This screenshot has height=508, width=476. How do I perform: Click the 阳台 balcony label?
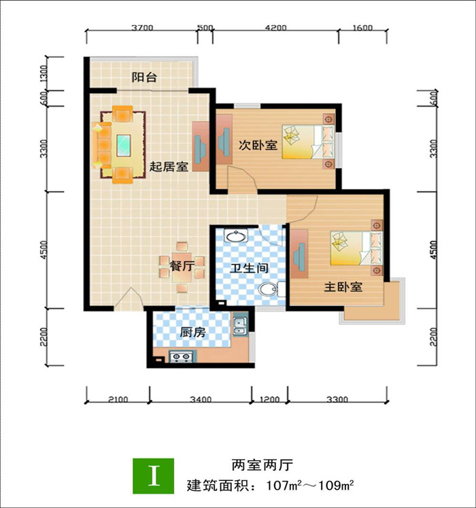144,78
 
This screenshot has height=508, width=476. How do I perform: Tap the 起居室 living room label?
169,167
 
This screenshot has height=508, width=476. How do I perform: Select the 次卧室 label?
258,145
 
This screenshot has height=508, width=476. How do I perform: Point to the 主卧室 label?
343,287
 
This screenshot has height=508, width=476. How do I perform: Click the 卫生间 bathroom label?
249,268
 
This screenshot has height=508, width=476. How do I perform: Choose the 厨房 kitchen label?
193,332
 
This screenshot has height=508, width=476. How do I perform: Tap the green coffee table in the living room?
124,146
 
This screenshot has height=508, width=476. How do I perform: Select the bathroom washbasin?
236,235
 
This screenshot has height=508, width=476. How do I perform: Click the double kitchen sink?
240,326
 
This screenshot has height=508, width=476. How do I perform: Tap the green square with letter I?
153,475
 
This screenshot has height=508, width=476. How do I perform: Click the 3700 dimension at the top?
142,28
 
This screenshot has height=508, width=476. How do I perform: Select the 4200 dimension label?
276,28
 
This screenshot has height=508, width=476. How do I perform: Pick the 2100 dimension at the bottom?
118,399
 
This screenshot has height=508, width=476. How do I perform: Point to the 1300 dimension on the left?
44,73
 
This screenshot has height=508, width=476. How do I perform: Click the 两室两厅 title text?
262,465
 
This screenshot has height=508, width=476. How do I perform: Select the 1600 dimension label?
362,28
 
